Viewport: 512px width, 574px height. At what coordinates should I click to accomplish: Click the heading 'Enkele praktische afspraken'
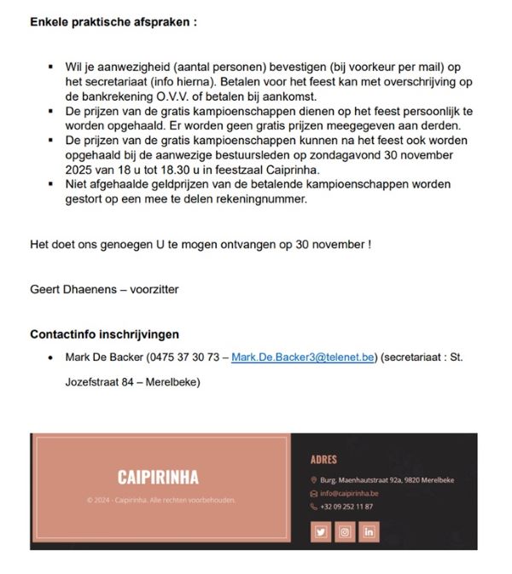click(x=113, y=21)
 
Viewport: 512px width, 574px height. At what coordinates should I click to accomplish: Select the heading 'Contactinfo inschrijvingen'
click(x=104, y=333)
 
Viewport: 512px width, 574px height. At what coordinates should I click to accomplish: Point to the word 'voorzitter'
click(x=154, y=289)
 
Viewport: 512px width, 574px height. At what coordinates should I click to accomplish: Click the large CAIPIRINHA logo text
click(x=158, y=476)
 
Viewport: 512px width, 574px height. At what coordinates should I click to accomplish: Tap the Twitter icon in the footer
click(x=321, y=531)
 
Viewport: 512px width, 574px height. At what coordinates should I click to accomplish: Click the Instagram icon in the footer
click(x=345, y=531)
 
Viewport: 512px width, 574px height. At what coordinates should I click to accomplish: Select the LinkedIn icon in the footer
click(x=369, y=531)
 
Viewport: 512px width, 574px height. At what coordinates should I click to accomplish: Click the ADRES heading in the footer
click(x=323, y=460)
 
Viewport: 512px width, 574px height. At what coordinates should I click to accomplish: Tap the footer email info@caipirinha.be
click(x=349, y=493)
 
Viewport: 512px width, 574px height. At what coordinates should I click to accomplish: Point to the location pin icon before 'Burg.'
click(x=314, y=480)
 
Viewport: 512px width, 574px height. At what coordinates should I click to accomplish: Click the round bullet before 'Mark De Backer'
click(x=53, y=358)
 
